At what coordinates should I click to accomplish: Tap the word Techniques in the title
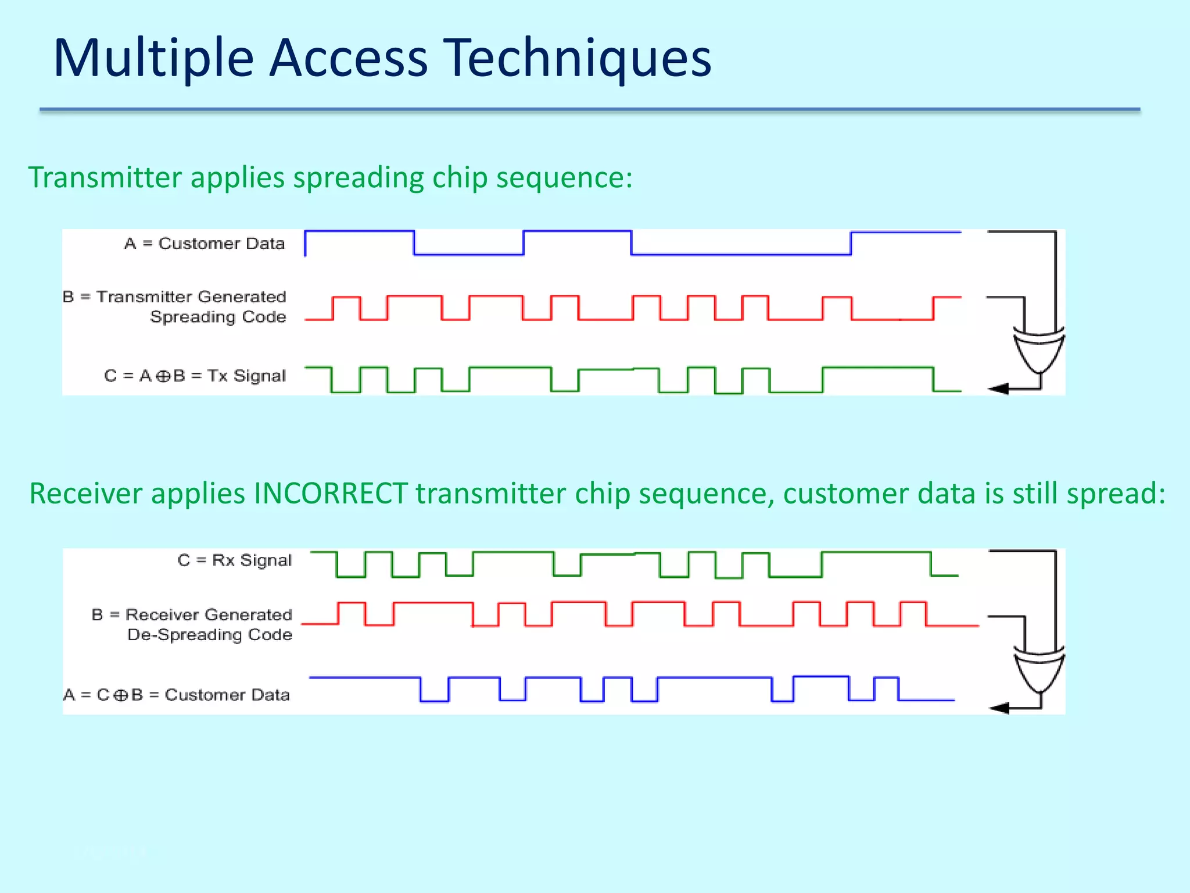(x=579, y=58)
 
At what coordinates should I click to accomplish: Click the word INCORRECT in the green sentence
(x=330, y=494)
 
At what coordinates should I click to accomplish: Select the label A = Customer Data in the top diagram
(x=205, y=243)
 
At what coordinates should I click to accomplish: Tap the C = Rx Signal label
(x=234, y=560)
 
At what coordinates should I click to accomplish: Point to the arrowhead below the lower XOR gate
(x=999, y=708)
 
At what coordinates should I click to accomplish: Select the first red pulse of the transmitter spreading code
(x=346, y=298)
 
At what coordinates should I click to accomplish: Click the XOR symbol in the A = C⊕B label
(x=120, y=695)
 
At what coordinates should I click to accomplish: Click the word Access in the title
(x=348, y=58)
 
